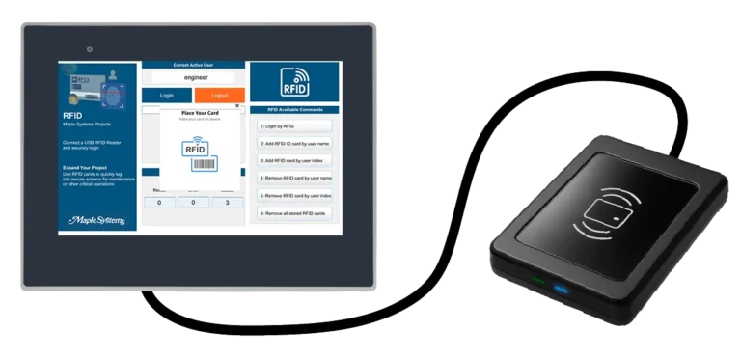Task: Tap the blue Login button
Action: click(167, 96)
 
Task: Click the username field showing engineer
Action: click(194, 76)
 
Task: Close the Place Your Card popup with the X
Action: click(237, 106)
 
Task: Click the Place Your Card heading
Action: click(200, 114)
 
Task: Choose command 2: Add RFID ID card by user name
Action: click(294, 143)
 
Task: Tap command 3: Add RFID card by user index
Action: click(294, 160)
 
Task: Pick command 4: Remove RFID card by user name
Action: click(294, 178)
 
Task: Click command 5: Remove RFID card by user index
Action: click(294, 195)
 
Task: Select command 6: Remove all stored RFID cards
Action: click(294, 212)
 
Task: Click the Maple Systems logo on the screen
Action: click(96, 220)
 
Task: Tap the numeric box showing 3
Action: click(228, 203)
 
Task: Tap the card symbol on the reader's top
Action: click(616, 207)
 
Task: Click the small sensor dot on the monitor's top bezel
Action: click(89, 48)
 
